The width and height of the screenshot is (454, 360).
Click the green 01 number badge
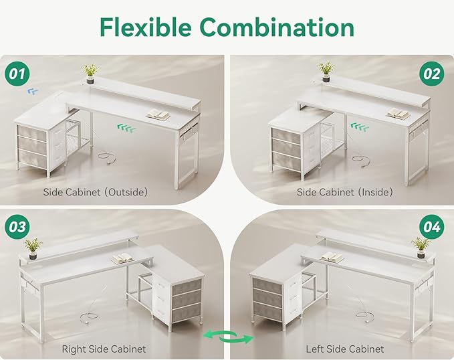[x=17, y=74]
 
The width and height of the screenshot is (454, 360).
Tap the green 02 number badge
[x=432, y=74]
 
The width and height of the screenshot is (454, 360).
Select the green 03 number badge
[x=17, y=227]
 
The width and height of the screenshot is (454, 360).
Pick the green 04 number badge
[x=432, y=227]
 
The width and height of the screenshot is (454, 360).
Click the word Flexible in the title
[x=146, y=27]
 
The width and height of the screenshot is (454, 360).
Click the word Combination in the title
[x=277, y=27]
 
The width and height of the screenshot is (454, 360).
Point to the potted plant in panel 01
[x=91, y=74]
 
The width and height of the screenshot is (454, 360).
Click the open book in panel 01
[x=158, y=115]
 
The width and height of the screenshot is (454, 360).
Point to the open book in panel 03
[x=123, y=258]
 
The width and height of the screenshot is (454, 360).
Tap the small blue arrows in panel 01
[x=33, y=92]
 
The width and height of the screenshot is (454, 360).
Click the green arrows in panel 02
[x=360, y=126]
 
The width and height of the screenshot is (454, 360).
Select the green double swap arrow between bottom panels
[x=228, y=337]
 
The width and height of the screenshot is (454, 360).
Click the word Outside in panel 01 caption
[x=126, y=192]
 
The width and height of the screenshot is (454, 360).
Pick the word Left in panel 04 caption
[x=316, y=349]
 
